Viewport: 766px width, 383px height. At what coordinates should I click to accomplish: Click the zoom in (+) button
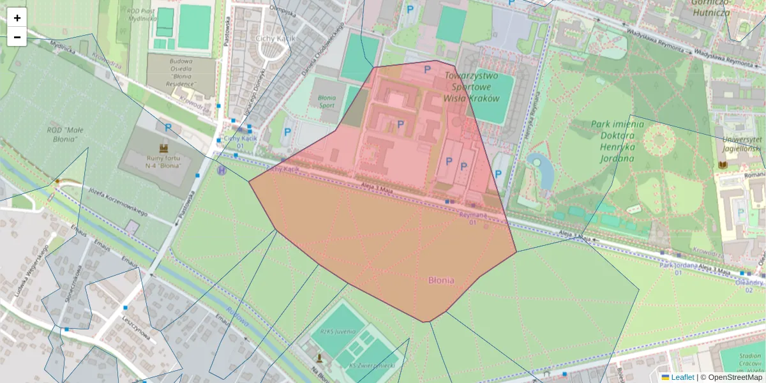tap(17, 18)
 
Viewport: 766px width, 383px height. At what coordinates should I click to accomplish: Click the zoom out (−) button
tap(17, 37)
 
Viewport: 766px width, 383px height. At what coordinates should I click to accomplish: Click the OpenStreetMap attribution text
tap(731, 377)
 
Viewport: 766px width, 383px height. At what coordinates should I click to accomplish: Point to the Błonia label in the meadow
tap(441, 280)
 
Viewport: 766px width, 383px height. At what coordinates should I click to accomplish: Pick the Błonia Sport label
tap(326, 101)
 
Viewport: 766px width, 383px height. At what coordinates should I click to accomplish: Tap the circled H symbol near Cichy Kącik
tap(222, 170)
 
